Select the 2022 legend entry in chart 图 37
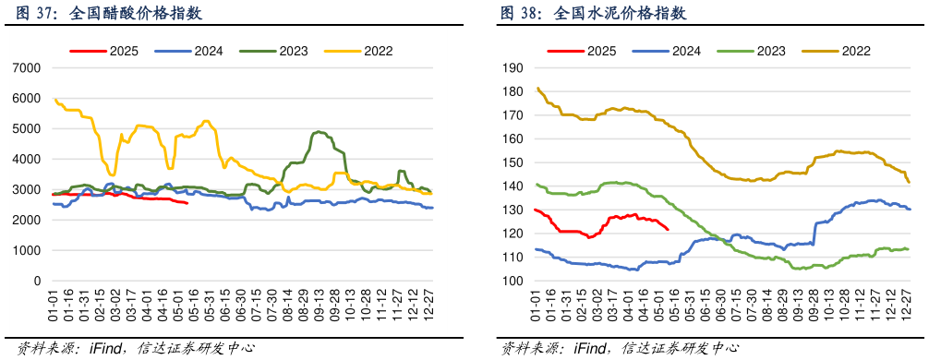(373, 51)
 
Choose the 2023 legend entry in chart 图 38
(771, 51)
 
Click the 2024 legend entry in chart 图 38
(686, 51)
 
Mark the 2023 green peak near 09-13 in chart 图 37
(319, 132)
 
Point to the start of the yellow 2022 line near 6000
(54, 100)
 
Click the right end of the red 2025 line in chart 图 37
(187, 203)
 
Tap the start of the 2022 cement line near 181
(537, 89)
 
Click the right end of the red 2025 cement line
(669, 230)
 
